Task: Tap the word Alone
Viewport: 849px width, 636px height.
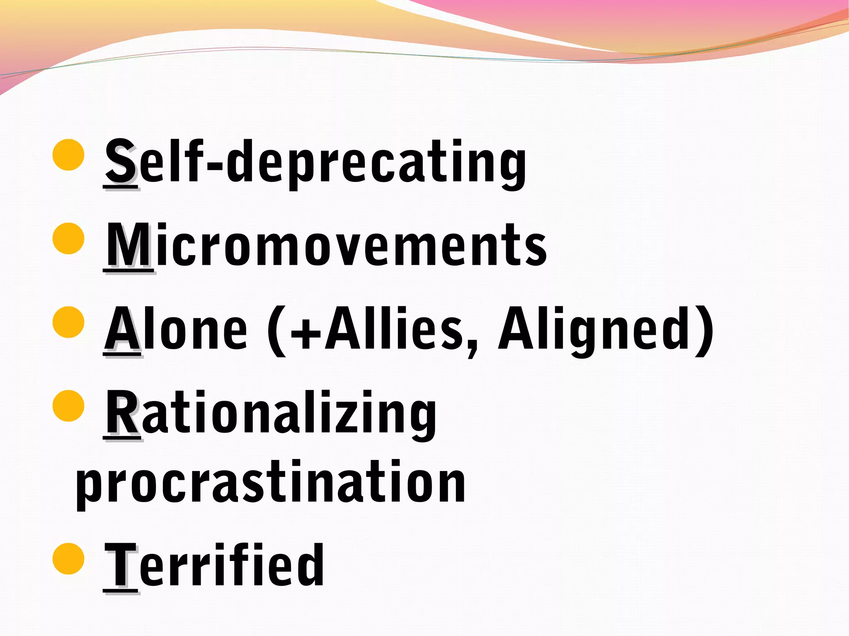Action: point(176,329)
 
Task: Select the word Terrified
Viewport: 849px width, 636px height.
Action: point(214,566)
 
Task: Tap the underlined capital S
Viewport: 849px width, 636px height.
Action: point(120,162)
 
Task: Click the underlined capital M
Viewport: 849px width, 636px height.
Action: point(129,245)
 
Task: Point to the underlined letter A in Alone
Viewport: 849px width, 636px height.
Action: point(122,329)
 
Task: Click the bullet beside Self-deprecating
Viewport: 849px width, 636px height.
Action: point(69,155)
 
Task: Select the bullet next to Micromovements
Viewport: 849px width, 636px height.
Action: point(69,238)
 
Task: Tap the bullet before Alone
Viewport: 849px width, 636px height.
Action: point(69,322)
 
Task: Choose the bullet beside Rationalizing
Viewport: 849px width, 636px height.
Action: point(69,406)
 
